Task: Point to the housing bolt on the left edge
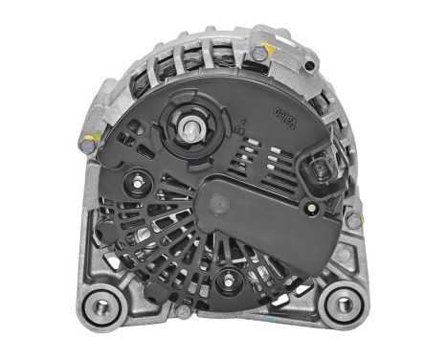point(89,146)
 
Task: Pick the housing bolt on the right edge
point(352,220)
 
